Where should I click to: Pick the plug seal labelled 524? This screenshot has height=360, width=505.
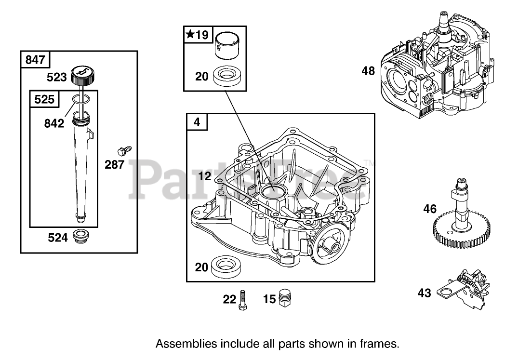coord(79,237)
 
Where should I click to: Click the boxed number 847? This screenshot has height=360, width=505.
coord(35,60)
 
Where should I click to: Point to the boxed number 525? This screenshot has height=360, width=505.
coord(44,100)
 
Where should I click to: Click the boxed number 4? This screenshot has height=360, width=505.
coord(197,122)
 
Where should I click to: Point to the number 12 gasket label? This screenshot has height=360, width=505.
coord(204,176)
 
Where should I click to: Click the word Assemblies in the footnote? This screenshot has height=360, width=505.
coord(186,344)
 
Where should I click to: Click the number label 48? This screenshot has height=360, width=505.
coord(368,71)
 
